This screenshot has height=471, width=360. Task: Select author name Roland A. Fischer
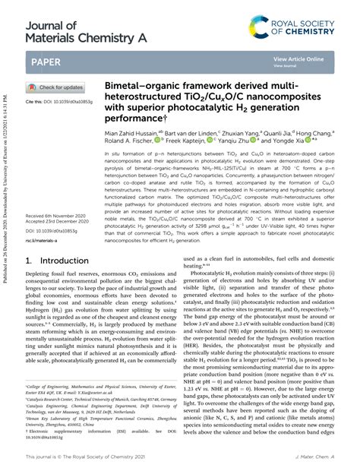tap(128, 140)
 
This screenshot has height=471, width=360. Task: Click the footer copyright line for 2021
tap(90, 458)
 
